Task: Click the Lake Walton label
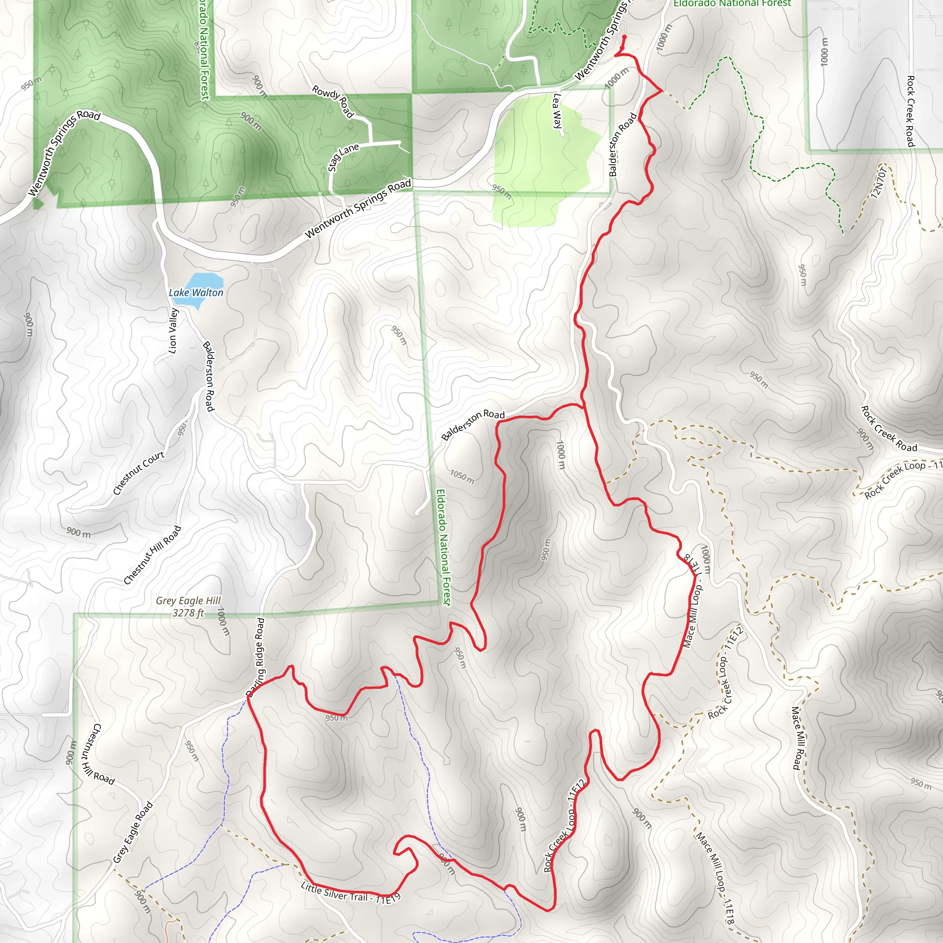point(196,292)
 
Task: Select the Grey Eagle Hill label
point(188,601)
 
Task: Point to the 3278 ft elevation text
point(188,612)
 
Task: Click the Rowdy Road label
point(332,101)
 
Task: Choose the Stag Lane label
point(343,157)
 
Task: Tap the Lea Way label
point(558,111)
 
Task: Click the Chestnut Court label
point(139,473)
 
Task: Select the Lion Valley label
point(173,331)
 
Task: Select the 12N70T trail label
point(878,182)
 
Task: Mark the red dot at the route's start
point(624,37)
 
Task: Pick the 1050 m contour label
point(462,477)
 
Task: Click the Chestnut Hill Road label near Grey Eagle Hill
point(152,555)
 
